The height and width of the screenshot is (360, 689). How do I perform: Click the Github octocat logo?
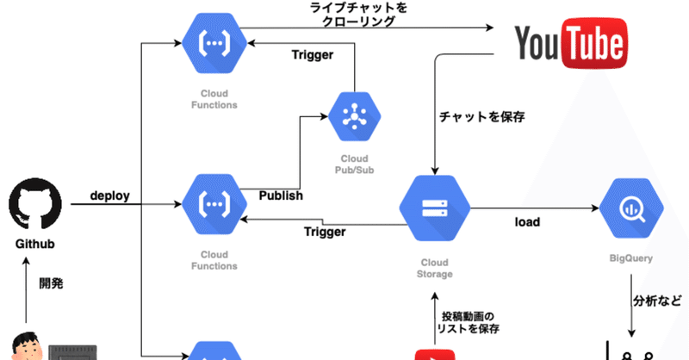coord(34,204)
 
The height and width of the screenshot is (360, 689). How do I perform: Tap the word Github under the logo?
coord(34,245)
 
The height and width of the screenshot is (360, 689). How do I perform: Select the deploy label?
coord(109,196)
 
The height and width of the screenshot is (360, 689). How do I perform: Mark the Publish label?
coord(281,196)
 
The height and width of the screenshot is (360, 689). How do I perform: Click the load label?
coord(527,222)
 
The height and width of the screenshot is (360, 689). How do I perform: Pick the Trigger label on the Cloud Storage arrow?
coord(326,232)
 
